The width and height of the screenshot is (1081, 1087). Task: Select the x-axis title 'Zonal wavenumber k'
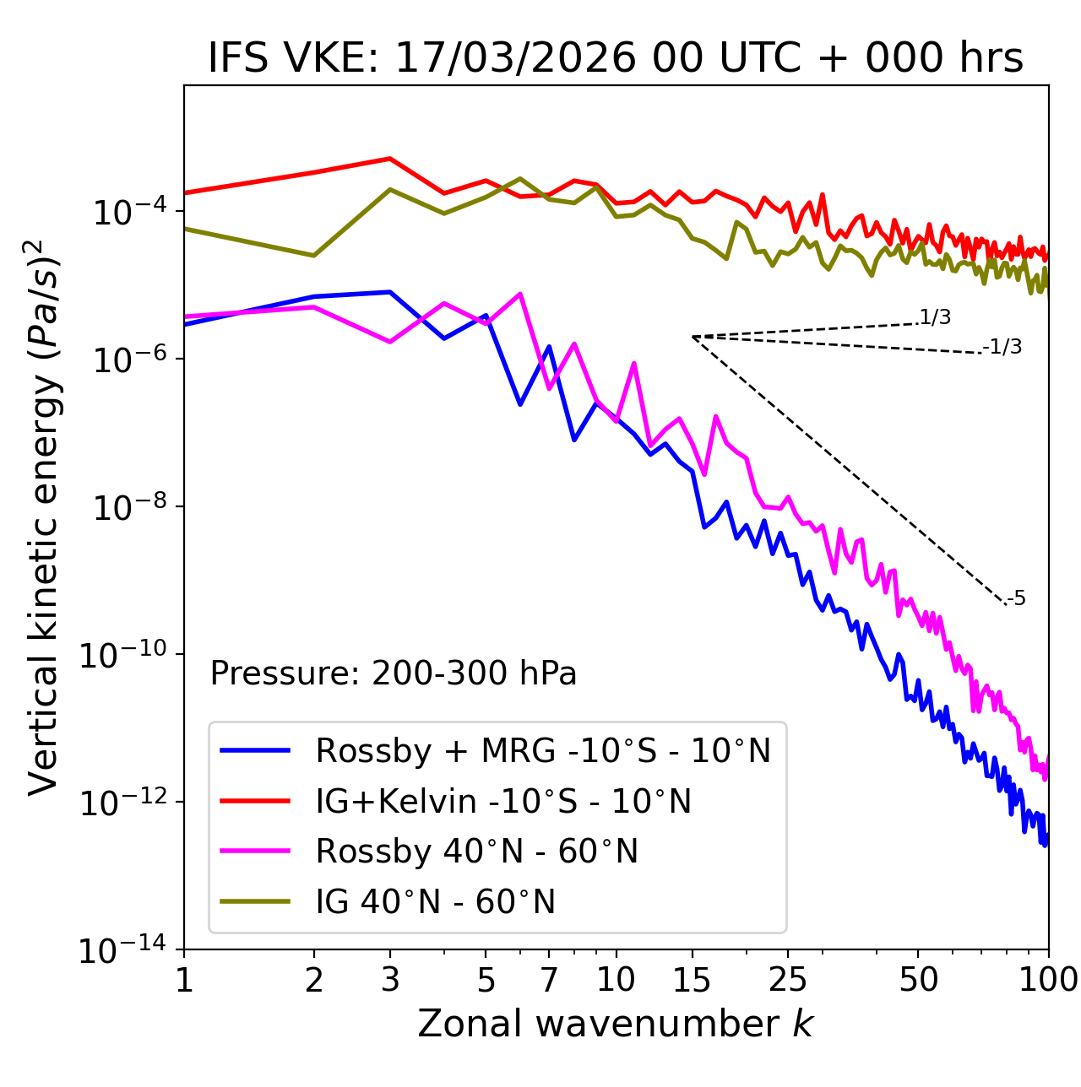tap(616, 1023)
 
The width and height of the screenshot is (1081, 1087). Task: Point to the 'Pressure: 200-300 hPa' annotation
tap(394, 673)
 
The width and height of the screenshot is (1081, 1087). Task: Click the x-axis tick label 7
tap(549, 981)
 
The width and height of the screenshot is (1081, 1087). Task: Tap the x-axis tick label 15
tap(693, 981)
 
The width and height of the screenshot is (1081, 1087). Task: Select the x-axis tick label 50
tap(919, 981)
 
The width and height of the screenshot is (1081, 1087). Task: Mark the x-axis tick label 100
tap(1047, 981)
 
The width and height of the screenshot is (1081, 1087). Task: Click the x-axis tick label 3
tap(390, 981)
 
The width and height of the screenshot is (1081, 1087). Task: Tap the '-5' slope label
tap(1017, 599)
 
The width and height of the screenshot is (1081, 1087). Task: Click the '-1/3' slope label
tap(1003, 347)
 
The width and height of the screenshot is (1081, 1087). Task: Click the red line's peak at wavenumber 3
tap(390, 159)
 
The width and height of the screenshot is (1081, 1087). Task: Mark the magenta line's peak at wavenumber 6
tap(520, 294)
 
